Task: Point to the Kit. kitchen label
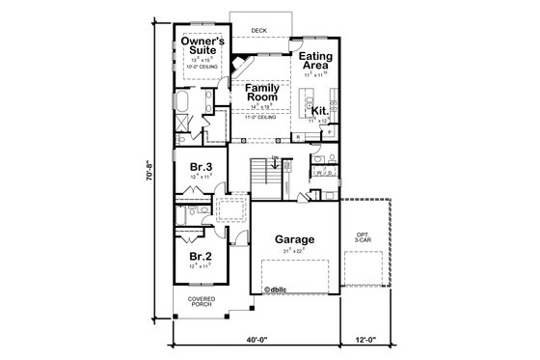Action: click(x=320, y=112)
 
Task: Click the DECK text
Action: click(x=258, y=30)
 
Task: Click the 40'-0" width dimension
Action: click(x=255, y=339)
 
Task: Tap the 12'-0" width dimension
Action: click(x=364, y=339)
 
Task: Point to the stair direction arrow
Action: click(x=276, y=165)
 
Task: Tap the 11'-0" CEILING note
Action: click(x=261, y=119)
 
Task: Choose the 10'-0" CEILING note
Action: click(x=204, y=66)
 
